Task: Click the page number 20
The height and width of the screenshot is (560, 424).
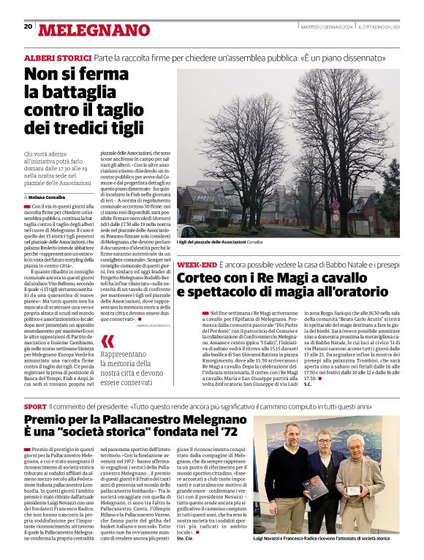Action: click(28, 26)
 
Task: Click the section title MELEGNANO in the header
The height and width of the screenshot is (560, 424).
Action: click(93, 29)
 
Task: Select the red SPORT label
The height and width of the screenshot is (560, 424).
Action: click(35, 406)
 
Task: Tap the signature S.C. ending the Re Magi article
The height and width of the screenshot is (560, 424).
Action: click(307, 385)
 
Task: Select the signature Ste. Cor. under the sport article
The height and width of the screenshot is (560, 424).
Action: click(184, 538)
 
